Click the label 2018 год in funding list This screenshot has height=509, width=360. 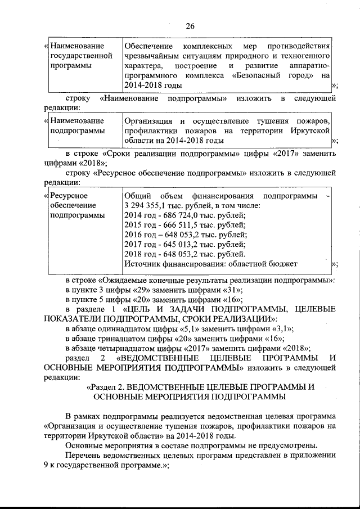click(138, 254)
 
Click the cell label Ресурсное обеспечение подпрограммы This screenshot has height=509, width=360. click(73, 205)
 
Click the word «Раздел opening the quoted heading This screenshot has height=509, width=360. click(103, 387)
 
